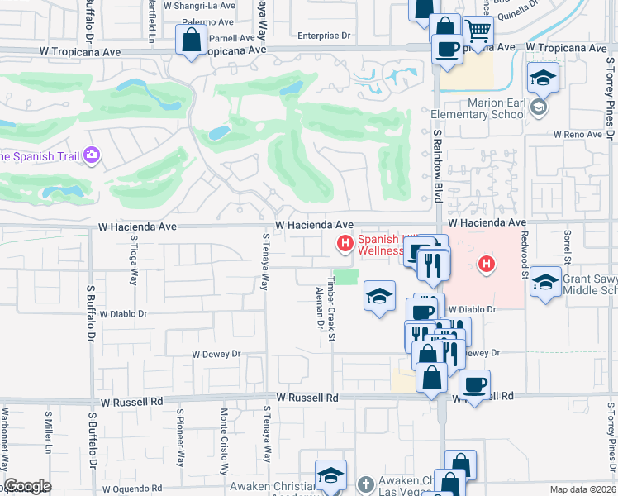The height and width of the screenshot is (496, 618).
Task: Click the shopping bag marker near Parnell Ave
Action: pos(192,40)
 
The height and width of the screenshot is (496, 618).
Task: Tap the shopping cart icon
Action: pos(478,32)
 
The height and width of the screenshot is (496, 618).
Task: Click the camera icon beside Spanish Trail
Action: pos(92,155)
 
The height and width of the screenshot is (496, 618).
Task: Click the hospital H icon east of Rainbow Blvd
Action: pos(487,265)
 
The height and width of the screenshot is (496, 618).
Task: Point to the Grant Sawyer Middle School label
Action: pos(589,285)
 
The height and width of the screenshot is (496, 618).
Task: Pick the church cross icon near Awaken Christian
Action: pos(366,482)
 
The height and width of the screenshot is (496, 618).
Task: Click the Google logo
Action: pos(27,486)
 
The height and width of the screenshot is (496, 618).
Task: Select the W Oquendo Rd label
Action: pos(134,488)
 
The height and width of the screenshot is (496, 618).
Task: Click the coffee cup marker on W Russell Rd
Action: pos(475,384)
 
